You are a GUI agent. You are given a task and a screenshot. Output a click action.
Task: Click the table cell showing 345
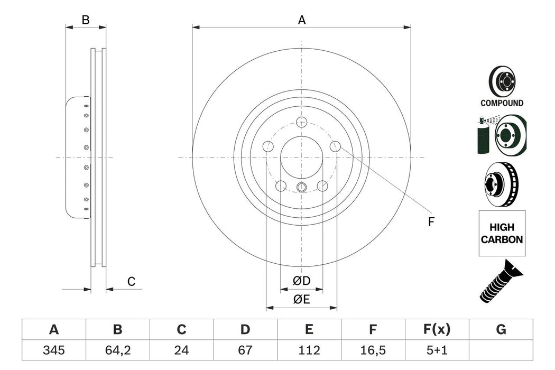tap(53, 349)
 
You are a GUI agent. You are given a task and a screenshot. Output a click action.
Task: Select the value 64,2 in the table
tap(117, 349)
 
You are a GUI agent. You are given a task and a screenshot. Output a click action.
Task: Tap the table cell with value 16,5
tap(373, 349)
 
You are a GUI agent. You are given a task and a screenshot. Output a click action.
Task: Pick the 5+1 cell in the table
tap(437, 349)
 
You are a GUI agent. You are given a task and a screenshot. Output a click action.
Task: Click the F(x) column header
tap(437, 330)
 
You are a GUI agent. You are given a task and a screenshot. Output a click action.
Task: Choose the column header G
tap(501, 330)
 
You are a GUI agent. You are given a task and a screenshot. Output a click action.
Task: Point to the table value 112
tap(309, 349)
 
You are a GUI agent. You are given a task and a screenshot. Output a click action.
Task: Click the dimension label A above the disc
tap(302, 20)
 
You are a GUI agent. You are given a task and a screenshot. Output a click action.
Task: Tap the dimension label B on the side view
tap(85, 20)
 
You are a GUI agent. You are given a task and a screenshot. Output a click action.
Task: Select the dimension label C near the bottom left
tap(131, 282)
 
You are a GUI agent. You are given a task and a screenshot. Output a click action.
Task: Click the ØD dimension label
tap(302, 281)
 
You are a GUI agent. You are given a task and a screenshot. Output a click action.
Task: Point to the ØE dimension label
tap(302, 300)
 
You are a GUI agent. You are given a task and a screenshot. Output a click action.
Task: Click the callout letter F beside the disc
tap(431, 222)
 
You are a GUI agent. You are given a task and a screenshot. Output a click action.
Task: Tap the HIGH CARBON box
tap(501, 233)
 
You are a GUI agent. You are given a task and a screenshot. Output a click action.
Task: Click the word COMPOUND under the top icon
tap(502, 103)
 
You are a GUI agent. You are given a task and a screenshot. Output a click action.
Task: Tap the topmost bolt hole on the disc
tap(302, 122)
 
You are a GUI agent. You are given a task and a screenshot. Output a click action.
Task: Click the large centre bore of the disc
tap(302, 157)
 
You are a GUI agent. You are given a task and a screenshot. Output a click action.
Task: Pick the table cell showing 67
tap(245, 349)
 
